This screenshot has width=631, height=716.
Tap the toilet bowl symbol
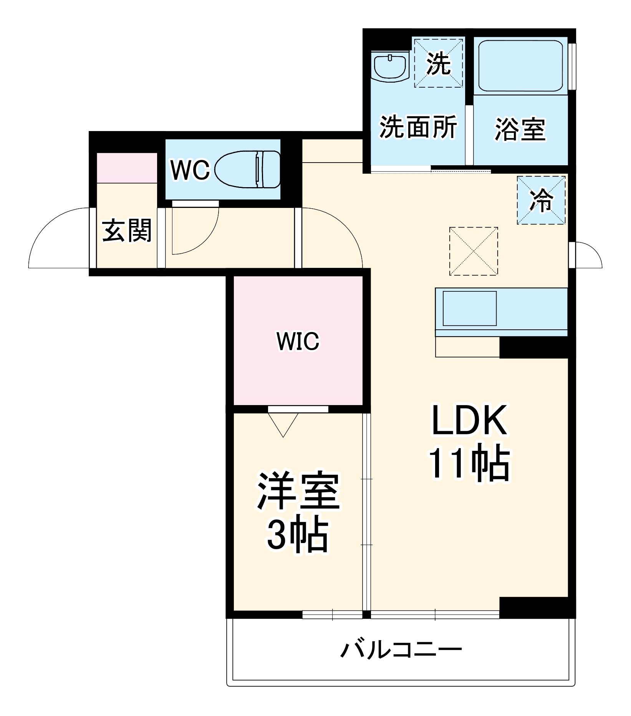click(248, 169)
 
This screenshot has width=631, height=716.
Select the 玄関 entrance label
click(127, 231)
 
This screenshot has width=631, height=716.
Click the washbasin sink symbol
click(390, 68)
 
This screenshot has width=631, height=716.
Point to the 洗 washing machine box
click(438, 63)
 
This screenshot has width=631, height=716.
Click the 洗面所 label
click(418, 127)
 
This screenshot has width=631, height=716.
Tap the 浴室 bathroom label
click(520, 129)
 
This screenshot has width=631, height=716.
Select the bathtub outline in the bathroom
click(520, 66)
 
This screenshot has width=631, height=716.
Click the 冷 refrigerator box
click(541, 200)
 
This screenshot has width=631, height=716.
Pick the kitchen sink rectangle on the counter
click(469, 309)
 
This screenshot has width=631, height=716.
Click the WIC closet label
click(298, 341)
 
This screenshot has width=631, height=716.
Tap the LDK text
click(469, 420)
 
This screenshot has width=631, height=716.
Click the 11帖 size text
click(469, 463)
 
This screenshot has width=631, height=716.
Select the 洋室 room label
click(298, 491)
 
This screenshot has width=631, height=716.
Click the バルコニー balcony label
click(401, 650)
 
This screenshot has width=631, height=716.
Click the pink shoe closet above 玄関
click(127, 168)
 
